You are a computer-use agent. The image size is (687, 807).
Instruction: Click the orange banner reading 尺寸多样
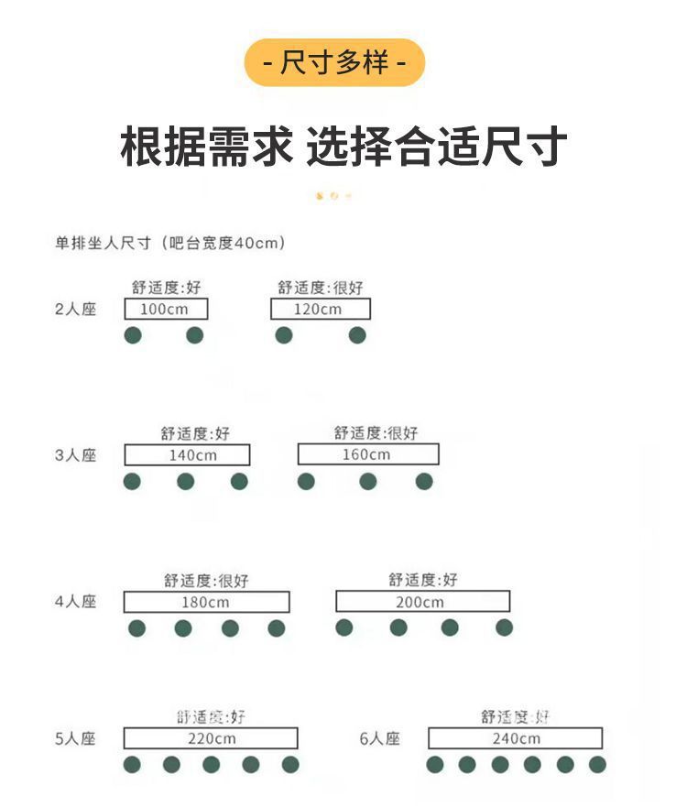[334, 63]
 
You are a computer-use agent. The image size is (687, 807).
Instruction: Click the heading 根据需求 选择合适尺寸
[343, 147]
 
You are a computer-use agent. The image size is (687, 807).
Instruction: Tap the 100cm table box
[166, 310]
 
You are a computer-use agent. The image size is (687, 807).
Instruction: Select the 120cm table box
[320, 310]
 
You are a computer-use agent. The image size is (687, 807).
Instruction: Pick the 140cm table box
[187, 455]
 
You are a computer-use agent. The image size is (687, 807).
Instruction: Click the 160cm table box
[367, 454]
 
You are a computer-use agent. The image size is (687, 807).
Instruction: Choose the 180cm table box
[206, 602]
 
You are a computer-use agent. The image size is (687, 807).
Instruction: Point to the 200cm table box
[422, 602]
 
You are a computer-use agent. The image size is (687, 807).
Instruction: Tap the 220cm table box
[211, 738]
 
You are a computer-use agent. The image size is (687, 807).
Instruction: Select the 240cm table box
[515, 738]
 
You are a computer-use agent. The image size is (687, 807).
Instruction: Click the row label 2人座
[75, 310]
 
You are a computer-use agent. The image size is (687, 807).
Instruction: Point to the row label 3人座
[75, 455]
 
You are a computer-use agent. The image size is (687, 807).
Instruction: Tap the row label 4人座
[75, 602]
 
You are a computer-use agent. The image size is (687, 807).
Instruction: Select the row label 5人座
[75, 738]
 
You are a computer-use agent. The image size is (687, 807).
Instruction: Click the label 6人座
[380, 738]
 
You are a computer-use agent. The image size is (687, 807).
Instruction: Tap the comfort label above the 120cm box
[321, 288]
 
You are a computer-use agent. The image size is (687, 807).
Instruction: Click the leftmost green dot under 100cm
[133, 335]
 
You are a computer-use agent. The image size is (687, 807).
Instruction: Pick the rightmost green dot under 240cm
[597, 764]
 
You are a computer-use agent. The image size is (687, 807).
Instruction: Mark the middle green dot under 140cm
[186, 481]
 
